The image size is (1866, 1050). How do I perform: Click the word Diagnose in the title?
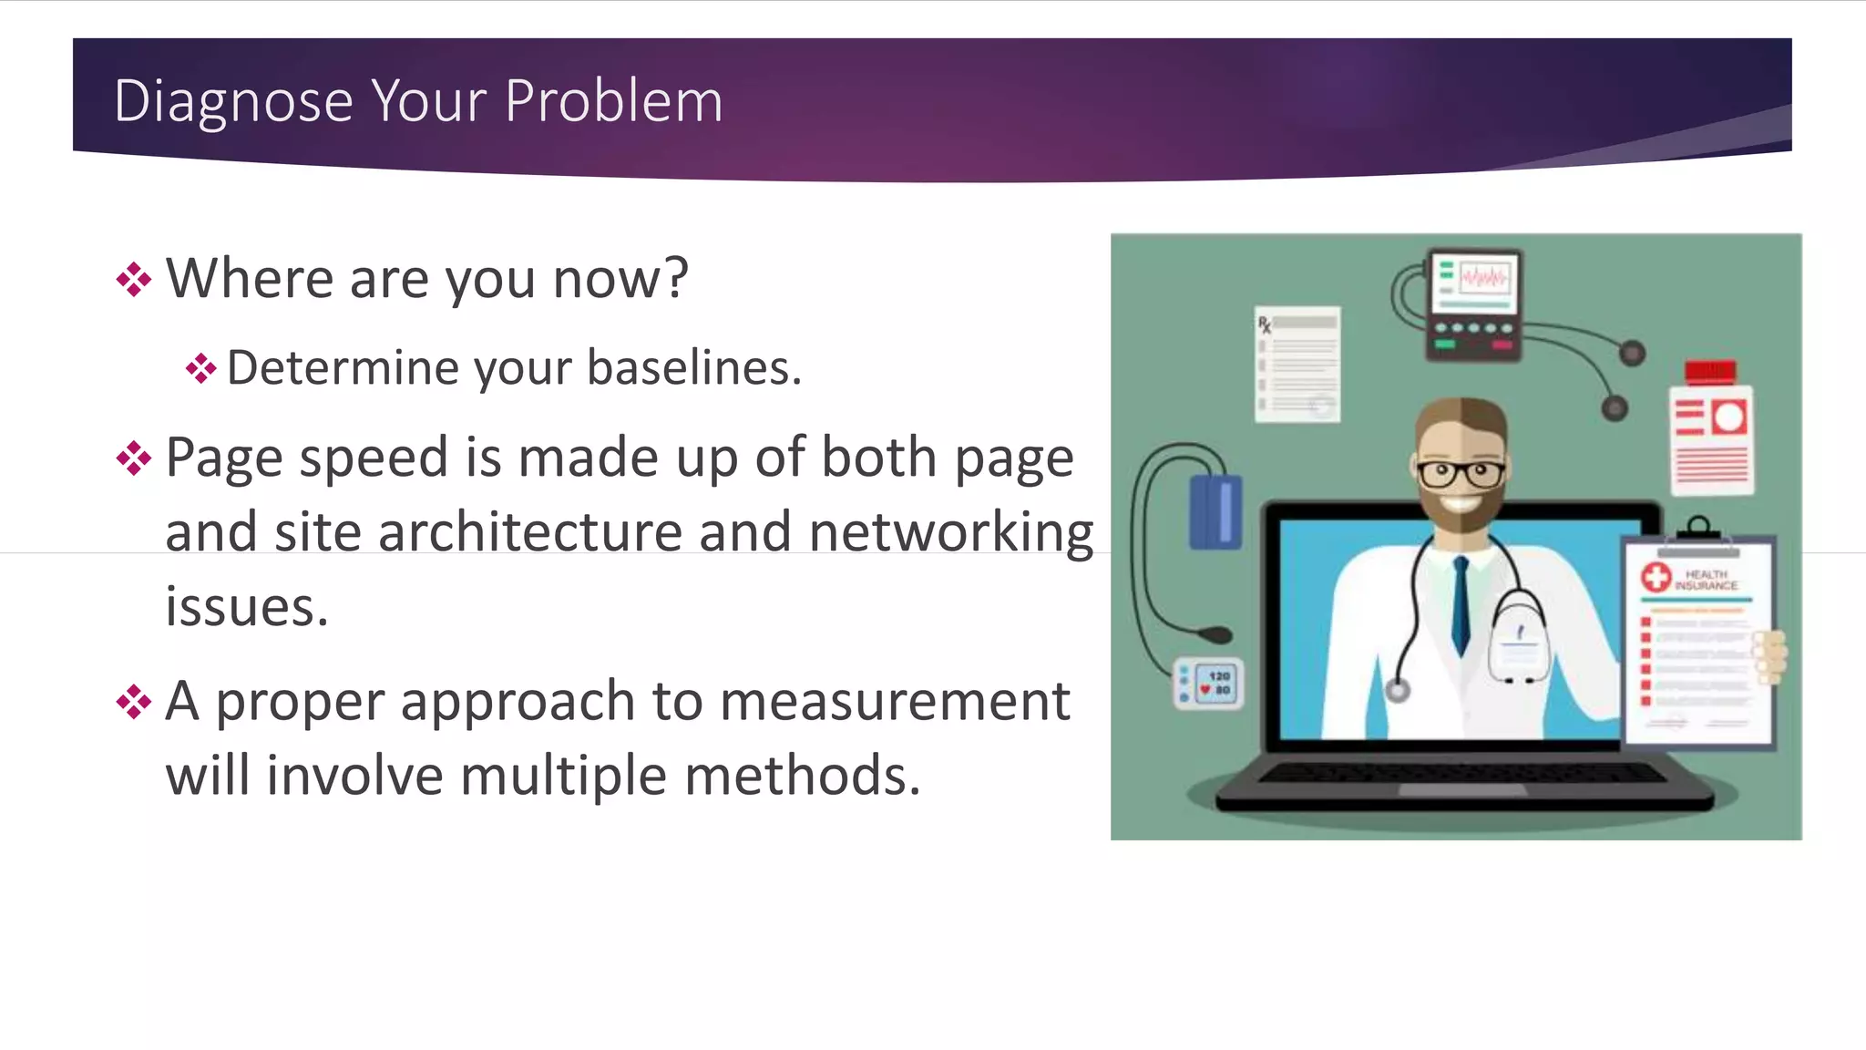(x=233, y=101)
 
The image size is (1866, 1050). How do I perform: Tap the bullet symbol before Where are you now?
(x=134, y=280)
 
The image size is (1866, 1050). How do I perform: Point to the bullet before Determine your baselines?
(x=200, y=369)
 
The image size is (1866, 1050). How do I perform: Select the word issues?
(x=246, y=607)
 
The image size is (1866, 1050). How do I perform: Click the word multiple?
(x=562, y=777)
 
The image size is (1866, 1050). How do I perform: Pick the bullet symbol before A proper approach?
(x=134, y=703)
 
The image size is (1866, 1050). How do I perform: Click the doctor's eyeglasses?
(x=1461, y=473)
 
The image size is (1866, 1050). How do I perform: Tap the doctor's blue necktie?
(x=1461, y=605)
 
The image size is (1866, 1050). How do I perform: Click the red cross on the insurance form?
(x=1656, y=577)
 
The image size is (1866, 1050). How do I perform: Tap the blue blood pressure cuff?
(x=1215, y=512)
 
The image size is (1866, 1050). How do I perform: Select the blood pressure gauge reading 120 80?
(x=1208, y=684)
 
